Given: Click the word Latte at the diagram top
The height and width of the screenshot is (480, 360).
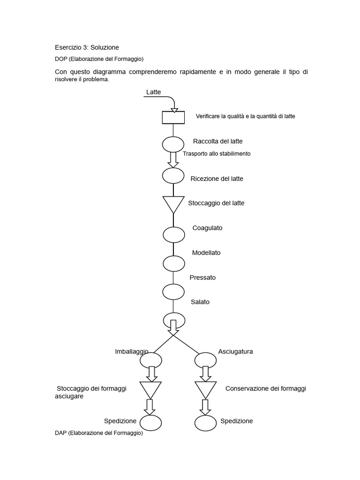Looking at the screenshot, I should (153, 92).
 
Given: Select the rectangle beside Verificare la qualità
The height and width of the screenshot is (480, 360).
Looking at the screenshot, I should (173, 117).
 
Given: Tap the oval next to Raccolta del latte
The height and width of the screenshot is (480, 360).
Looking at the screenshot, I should (173, 144).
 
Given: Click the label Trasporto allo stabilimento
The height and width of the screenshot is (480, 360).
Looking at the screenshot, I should (217, 154).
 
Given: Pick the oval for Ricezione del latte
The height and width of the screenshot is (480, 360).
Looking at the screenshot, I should (173, 175).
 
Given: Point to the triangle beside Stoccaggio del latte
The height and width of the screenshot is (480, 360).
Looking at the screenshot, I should (173, 203).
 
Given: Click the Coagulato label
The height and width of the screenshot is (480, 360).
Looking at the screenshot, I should (207, 228).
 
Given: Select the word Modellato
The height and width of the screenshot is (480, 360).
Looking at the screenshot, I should (206, 253).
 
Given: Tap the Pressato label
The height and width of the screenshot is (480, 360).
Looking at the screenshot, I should (202, 277).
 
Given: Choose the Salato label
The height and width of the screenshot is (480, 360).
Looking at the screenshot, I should (200, 302).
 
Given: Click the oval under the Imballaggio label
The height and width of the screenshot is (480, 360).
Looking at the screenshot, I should (151, 360).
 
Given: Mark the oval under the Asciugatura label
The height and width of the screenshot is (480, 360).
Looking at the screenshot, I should (205, 360).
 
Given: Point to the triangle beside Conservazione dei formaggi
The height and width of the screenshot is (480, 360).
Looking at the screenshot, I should (205, 389).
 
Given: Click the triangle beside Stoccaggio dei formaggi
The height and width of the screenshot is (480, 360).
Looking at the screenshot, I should (150, 389).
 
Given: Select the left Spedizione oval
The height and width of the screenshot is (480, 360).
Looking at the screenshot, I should (150, 423).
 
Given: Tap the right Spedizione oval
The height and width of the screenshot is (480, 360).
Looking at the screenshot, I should (205, 423).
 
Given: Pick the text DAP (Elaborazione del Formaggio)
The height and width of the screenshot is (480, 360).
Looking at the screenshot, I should (99, 433).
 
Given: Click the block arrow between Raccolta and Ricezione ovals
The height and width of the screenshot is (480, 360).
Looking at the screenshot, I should (173, 159).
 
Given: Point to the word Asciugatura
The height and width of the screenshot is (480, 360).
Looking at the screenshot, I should (235, 352).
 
